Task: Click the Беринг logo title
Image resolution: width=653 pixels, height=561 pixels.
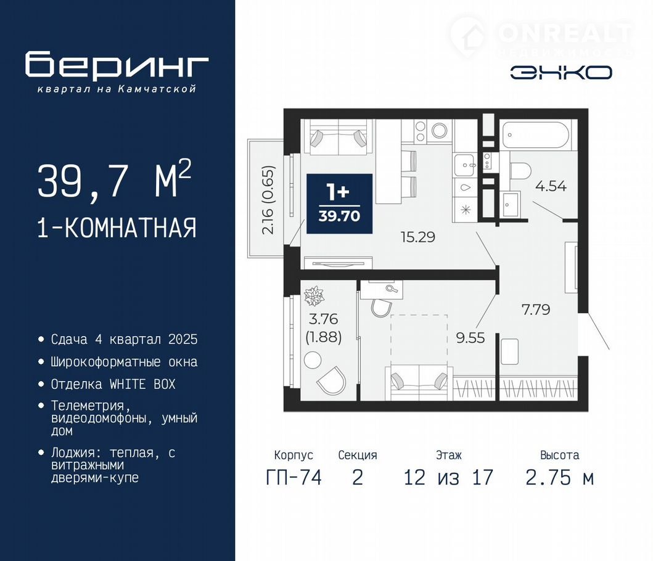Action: point(117,64)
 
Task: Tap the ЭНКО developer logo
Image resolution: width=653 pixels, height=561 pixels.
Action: point(561,73)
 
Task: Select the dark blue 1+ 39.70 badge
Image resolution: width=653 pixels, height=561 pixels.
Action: point(339,203)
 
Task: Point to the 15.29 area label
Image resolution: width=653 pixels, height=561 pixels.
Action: point(417,237)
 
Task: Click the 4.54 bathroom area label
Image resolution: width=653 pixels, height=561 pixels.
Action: point(551,186)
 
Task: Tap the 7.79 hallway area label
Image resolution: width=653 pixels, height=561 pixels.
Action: point(536,309)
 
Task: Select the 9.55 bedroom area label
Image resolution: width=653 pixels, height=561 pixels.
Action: point(470,338)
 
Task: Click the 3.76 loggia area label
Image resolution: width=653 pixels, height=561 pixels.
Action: point(324,319)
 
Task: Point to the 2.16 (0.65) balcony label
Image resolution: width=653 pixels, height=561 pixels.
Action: point(269,200)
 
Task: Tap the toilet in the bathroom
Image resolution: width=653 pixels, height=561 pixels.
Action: point(520,171)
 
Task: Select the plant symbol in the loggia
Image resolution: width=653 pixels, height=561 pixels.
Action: point(314,295)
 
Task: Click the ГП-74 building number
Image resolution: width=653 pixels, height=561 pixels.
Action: point(294,477)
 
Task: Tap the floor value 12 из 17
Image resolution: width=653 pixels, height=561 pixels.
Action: point(448,477)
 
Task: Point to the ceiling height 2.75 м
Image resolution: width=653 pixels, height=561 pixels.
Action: point(559,477)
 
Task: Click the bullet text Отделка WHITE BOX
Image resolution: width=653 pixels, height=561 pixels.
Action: point(113,384)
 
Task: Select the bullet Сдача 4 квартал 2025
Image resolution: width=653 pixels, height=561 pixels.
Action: point(124,340)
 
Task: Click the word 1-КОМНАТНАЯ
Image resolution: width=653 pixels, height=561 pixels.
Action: point(117,228)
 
